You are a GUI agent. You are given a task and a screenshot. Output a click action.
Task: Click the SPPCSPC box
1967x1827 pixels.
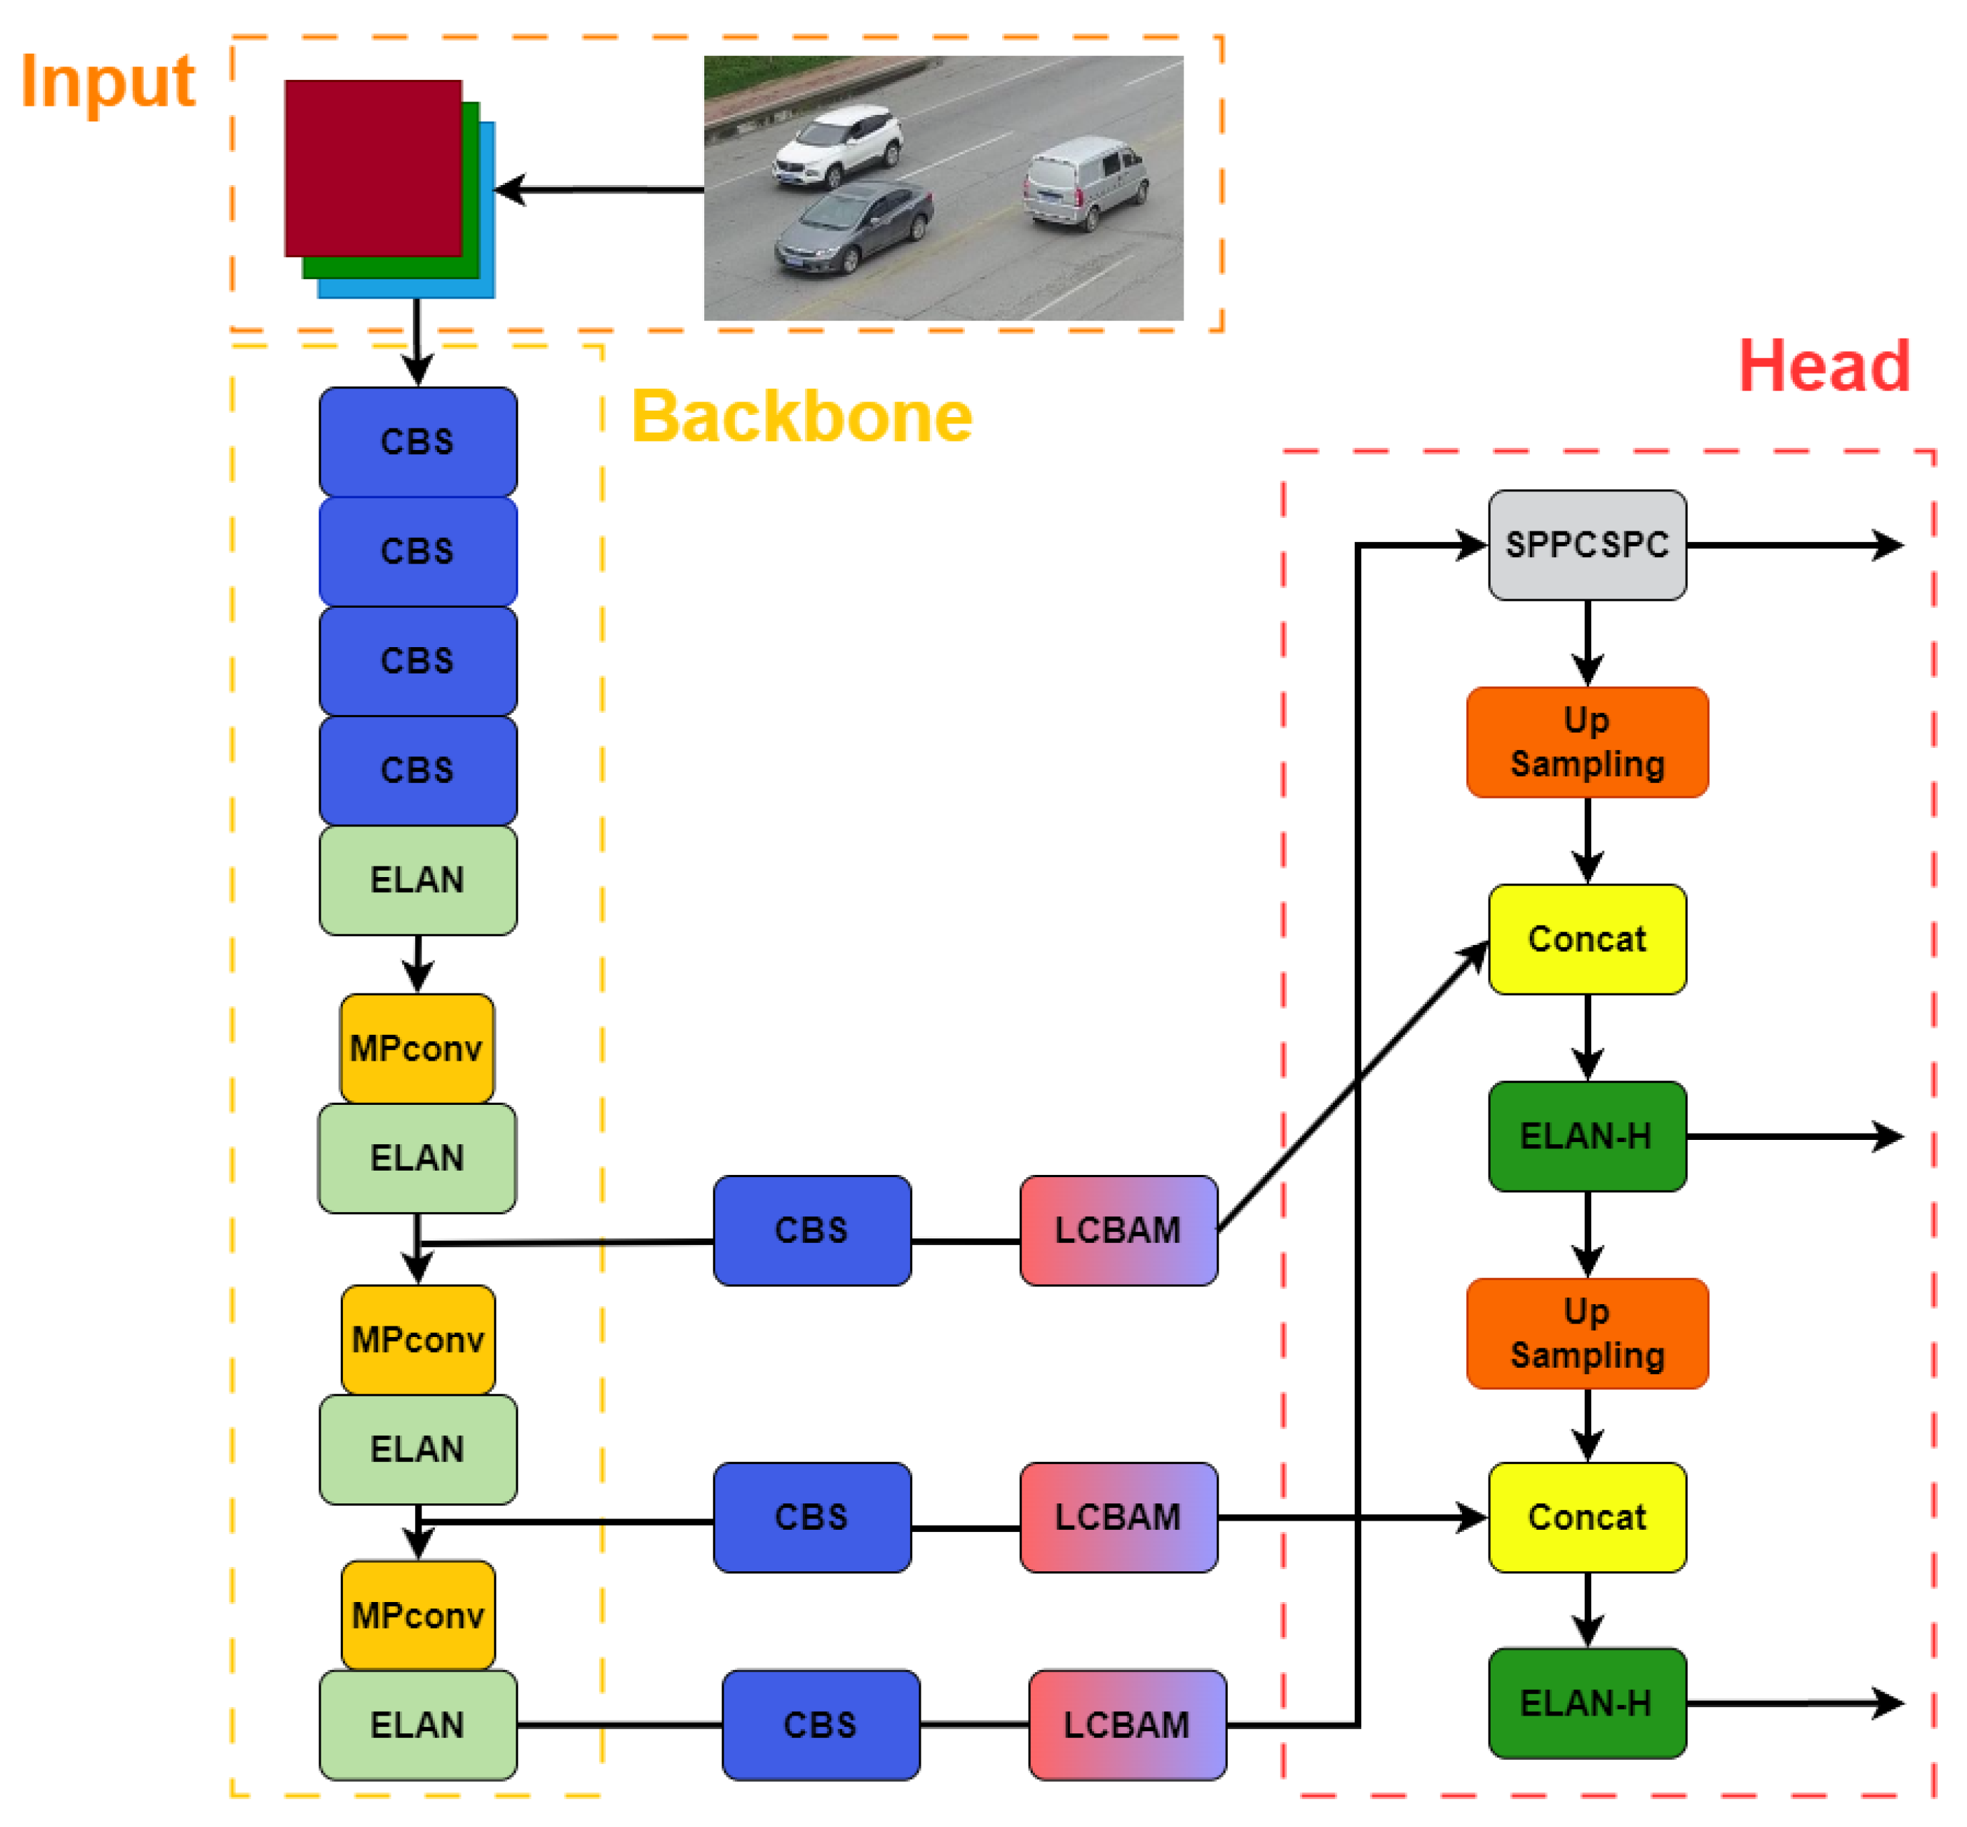tap(1586, 545)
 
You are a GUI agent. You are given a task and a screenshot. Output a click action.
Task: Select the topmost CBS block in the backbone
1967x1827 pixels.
tap(417, 441)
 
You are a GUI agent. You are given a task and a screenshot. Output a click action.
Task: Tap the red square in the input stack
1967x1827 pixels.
tap(373, 167)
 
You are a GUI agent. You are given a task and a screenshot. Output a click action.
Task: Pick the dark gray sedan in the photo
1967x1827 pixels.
tap(854, 227)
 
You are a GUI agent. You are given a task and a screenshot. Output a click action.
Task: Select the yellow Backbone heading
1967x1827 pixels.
tap(801, 416)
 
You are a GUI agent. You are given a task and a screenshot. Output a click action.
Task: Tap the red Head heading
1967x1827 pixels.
tap(1823, 366)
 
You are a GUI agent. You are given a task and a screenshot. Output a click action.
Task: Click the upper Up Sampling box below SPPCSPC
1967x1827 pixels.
tap(1586, 741)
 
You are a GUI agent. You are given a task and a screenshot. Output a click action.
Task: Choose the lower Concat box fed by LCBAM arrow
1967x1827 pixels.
tap(1586, 1516)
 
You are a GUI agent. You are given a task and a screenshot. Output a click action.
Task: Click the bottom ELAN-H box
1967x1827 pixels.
tap(1586, 1703)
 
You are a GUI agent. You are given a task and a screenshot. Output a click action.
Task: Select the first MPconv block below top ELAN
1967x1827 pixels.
tap(417, 1048)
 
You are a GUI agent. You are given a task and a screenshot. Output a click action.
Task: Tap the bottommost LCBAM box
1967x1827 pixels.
tap(1127, 1724)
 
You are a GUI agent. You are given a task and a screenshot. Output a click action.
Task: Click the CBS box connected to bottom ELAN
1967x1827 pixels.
tap(821, 1724)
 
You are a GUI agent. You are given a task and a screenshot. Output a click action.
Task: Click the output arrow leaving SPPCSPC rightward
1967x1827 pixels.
tap(1794, 545)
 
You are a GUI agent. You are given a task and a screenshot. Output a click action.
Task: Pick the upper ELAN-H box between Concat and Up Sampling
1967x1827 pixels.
tap(1586, 1136)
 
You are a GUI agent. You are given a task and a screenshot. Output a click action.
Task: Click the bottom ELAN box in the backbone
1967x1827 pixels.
tap(417, 1724)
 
